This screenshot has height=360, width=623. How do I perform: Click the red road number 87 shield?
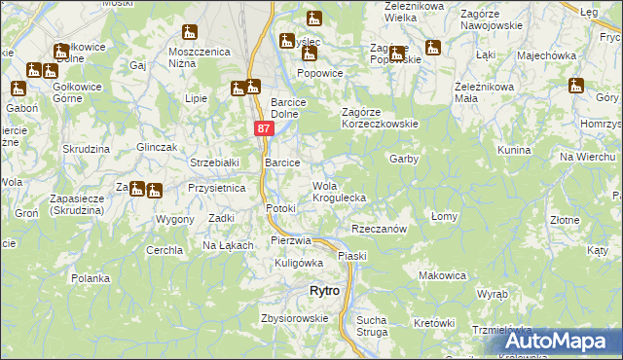tap(264, 128)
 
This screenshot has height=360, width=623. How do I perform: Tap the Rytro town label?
tap(323, 291)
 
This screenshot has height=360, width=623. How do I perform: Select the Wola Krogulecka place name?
tap(339, 192)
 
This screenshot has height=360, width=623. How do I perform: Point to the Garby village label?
tap(404, 158)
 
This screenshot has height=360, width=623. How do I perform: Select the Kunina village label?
tap(513, 151)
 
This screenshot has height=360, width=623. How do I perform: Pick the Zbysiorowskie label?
tap(294, 318)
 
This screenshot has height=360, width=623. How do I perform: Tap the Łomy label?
tap(444, 217)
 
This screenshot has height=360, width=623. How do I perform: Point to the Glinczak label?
tap(157, 146)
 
